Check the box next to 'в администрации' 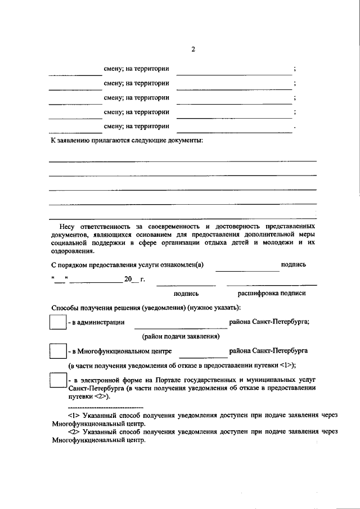coord(58,322)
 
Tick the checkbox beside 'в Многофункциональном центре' coord(58,351)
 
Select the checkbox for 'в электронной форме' coord(58,380)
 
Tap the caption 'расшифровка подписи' coord(272,293)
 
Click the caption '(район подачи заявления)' coord(181,336)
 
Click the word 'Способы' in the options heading coord(64,308)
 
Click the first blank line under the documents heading coord(182,161)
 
